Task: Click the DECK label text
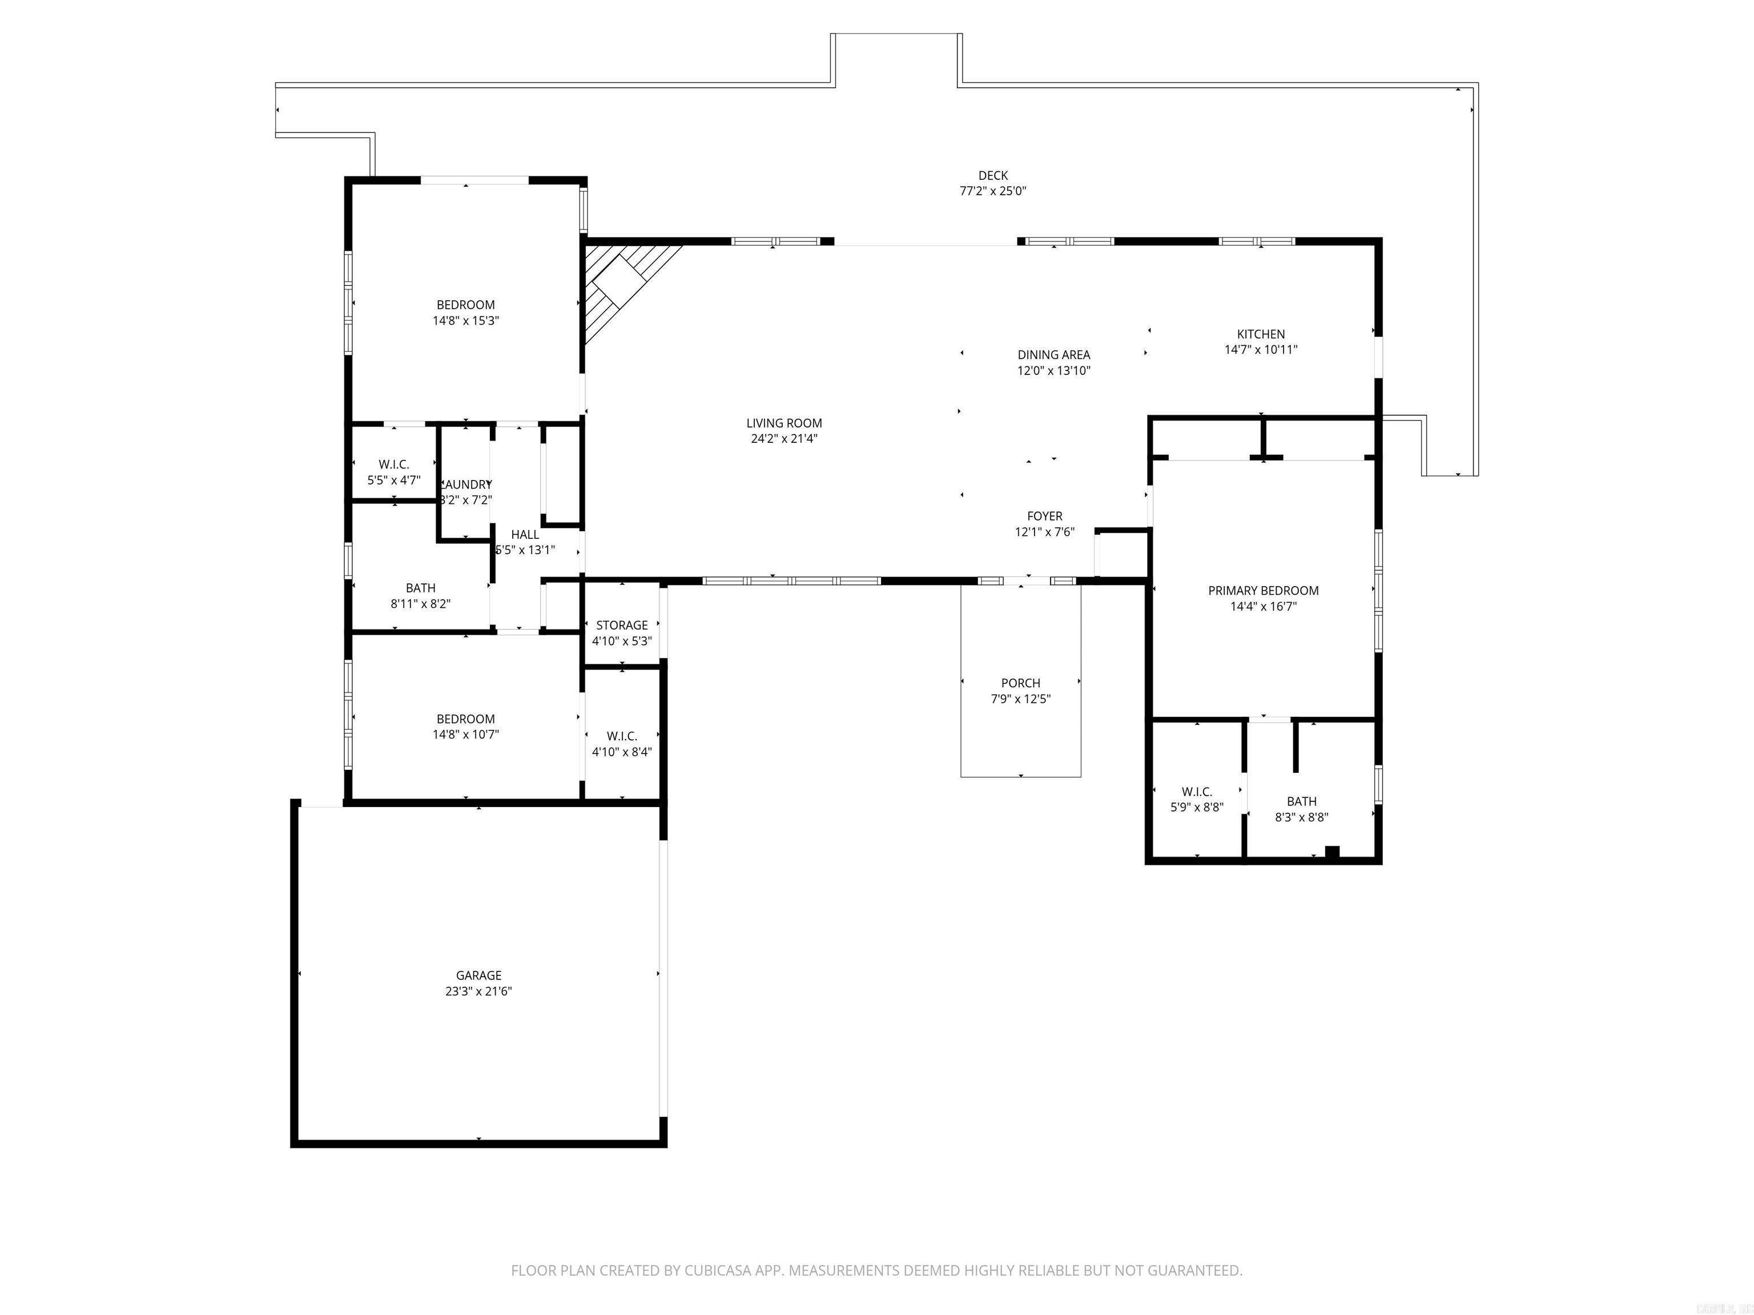point(993,176)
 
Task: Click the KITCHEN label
point(1261,334)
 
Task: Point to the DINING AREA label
point(1054,354)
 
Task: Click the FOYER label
point(1044,516)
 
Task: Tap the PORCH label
point(1020,683)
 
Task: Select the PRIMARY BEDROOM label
point(1263,591)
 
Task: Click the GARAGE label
point(478,975)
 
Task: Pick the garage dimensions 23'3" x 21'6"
point(478,991)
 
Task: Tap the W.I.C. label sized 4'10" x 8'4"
point(622,736)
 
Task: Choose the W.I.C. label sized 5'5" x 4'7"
point(393,465)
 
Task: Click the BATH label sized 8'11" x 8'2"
point(420,588)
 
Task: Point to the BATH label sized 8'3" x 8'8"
point(1301,801)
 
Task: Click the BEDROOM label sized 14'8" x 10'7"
point(465,719)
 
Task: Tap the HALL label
point(525,535)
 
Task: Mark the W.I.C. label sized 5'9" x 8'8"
point(1197,792)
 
